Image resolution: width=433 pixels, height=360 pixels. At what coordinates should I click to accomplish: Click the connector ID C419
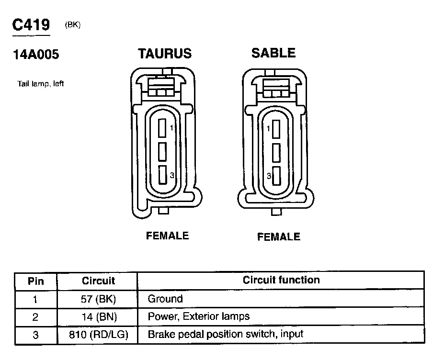pyautogui.click(x=31, y=24)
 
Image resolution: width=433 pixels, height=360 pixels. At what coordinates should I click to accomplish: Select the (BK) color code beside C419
pyautogui.click(x=73, y=24)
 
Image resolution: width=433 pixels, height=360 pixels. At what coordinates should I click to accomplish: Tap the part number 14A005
pyautogui.click(x=36, y=55)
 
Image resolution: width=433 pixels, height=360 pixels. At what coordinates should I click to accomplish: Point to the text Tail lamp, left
pyautogui.click(x=41, y=84)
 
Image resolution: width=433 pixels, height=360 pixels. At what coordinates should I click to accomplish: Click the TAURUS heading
pyautogui.click(x=165, y=54)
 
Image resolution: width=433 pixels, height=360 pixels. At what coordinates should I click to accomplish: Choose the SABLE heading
pyautogui.click(x=273, y=53)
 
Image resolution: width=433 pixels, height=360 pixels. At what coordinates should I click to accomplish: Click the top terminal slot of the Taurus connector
pyautogui.click(x=162, y=128)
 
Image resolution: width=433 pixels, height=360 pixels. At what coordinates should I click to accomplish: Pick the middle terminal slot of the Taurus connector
pyautogui.click(x=162, y=152)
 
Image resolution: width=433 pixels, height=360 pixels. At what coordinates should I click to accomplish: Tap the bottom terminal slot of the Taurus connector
pyautogui.click(x=163, y=175)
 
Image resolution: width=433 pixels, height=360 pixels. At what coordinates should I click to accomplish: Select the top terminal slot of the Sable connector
pyautogui.click(x=276, y=129)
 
